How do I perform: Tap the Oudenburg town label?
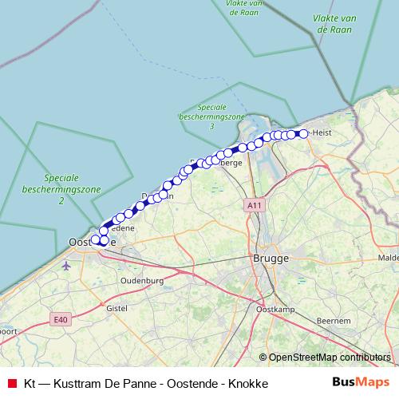(x=141, y=281)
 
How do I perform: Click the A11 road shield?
(x=255, y=206)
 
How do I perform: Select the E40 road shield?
(x=59, y=319)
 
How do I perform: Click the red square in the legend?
(x=12, y=383)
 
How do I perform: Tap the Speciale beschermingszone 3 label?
(x=211, y=117)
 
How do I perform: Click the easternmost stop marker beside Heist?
(x=303, y=134)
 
